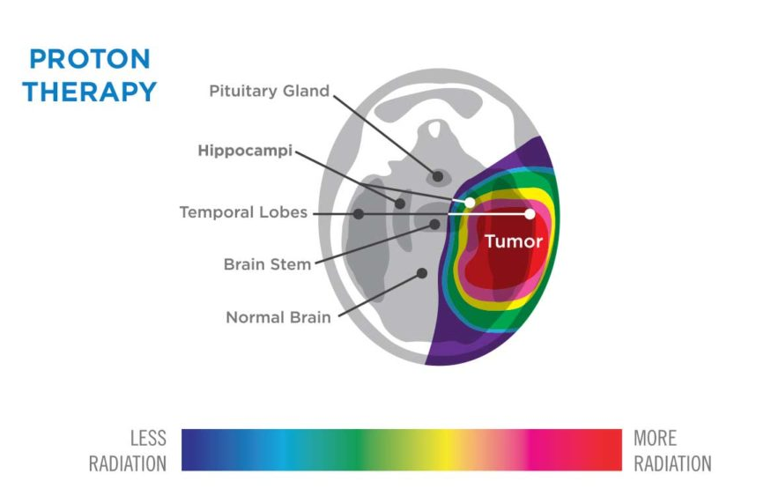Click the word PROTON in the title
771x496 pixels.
[x=90, y=59]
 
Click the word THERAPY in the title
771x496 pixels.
[x=90, y=92]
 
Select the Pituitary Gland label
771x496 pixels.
[x=269, y=91]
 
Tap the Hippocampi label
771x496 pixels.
[x=245, y=151]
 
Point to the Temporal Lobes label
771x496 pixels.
[x=243, y=212]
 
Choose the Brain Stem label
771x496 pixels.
[x=268, y=264]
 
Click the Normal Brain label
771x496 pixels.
[x=278, y=317]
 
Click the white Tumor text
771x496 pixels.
[x=514, y=241]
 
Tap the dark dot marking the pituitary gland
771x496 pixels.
[x=438, y=176]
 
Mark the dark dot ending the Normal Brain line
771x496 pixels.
[x=422, y=273]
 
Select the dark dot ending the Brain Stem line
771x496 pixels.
[x=434, y=224]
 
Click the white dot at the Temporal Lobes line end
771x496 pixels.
[x=530, y=214]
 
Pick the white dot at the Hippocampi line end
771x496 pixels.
[x=470, y=203]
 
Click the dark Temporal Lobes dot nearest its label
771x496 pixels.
[x=359, y=214]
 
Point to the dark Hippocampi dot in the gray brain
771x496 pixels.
[x=400, y=204]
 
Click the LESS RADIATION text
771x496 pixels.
[x=128, y=451]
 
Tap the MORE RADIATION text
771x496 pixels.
[x=672, y=451]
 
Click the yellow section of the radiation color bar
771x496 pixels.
[x=445, y=450]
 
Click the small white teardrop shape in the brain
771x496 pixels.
[x=434, y=130]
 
